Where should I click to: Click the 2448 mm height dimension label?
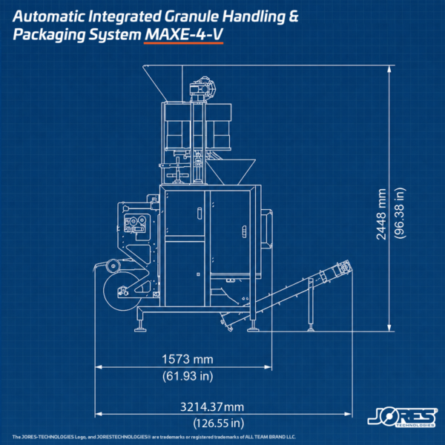[381, 214]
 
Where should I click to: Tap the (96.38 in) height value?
[400, 213]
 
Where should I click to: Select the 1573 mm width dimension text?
[188, 359]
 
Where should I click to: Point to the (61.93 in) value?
[188, 376]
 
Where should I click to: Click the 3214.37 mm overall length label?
[212, 407]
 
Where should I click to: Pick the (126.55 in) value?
[219, 423]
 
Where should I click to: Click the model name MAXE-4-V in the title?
[184, 35]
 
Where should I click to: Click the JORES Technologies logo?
[403, 418]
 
